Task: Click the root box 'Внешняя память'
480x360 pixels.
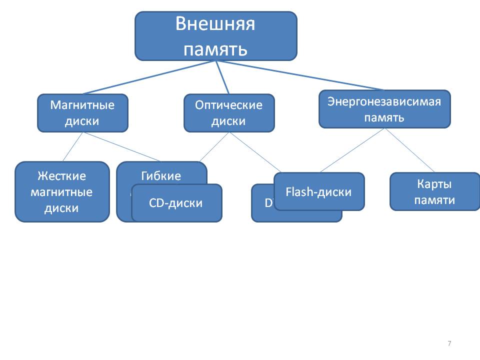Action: coord(215,36)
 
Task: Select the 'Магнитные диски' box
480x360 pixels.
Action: coord(82,113)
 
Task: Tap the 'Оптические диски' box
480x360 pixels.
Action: coord(229,113)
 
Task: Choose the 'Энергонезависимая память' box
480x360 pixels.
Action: coord(384,109)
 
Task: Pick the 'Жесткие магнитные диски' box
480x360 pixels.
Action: coord(61,191)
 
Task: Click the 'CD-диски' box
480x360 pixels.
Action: coord(176,203)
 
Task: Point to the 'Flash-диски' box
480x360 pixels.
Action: coord(319,191)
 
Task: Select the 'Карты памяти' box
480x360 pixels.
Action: coord(434,191)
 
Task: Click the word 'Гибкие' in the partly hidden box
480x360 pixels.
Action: coord(161,176)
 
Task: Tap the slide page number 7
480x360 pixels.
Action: coord(449,343)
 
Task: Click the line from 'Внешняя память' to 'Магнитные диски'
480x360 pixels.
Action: coord(150,77)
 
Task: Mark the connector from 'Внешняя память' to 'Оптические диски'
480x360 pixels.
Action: coord(222,77)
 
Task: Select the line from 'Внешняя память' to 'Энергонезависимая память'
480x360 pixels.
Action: coord(300,75)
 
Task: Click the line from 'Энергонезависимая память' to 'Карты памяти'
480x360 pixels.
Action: coord(410,150)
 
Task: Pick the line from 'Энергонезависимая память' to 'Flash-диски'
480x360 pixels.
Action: coord(352,150)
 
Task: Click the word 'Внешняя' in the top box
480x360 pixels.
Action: coord(215,24)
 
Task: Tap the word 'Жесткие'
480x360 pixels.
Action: coord(61,176)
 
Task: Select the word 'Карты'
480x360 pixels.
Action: coord(434,184)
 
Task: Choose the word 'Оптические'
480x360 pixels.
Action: coord(229,105)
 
